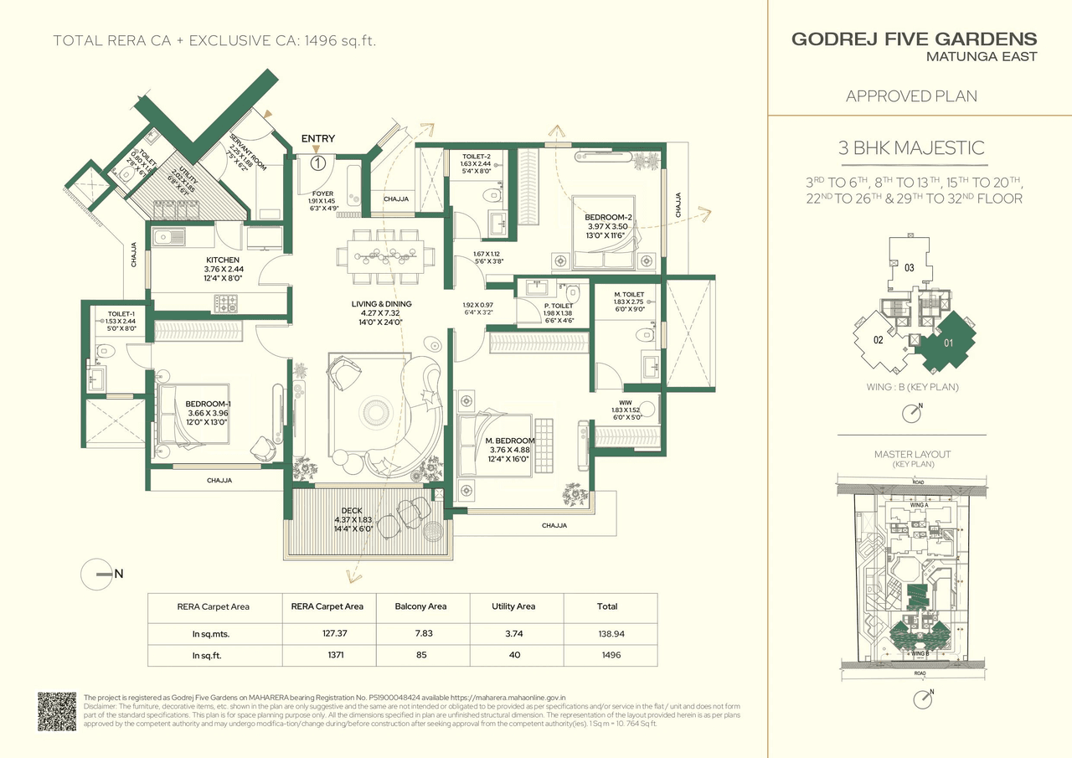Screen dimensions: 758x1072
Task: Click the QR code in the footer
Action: pos(57,711)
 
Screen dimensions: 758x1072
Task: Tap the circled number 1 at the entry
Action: pos(317,163)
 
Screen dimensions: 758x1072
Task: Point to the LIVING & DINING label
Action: pos(381,304)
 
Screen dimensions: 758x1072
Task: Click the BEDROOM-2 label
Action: pos(608,217)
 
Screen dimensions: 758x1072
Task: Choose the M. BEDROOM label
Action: pos(512,441)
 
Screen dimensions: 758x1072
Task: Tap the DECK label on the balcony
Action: pos(351,510)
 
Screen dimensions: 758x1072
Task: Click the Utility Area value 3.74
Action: pos(514,634)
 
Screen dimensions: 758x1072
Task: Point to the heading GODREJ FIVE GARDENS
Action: pos(914,39)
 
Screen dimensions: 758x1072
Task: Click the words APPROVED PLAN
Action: pos(911,95)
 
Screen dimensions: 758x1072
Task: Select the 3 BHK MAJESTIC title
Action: pos(911,149)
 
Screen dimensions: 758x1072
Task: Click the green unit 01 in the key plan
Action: pos(949,342)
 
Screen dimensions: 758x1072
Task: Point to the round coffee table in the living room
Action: pos(369,410)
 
